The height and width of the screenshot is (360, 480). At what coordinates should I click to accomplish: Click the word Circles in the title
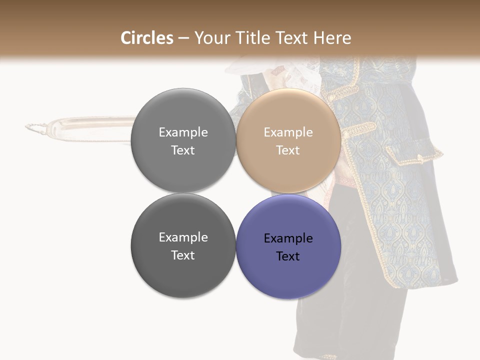coord(146,38)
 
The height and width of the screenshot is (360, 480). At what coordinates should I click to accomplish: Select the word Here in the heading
coord(332,38)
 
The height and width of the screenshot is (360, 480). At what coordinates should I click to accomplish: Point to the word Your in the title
coord(209,38)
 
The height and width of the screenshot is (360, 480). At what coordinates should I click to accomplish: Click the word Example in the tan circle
coord(288,132)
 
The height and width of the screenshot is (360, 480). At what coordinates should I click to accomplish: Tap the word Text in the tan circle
coord(288,150)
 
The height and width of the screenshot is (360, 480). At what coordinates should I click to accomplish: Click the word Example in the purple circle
coord(288,238)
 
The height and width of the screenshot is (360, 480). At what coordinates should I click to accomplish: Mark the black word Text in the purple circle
coord(288,256)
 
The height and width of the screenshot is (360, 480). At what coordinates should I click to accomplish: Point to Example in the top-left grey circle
coord(183,132)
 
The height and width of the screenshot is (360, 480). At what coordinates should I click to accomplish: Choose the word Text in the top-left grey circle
coord(183,150)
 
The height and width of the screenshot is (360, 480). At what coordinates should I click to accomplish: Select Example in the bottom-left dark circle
coord(183,237)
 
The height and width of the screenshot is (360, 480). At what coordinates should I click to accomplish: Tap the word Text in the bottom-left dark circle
coord(183,255)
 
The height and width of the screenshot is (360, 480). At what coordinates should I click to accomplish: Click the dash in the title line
coord(183,38)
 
